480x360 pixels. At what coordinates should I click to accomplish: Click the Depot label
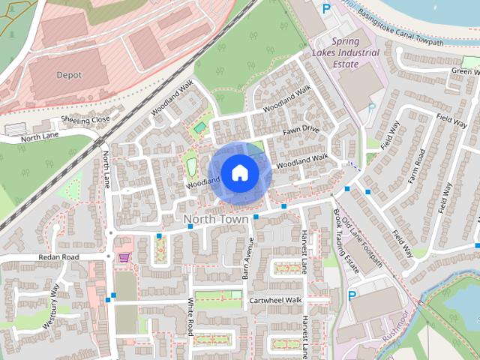pos(69,75)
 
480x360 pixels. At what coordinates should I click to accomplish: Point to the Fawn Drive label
pos(301,130)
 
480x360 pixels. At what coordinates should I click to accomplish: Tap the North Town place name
pos(217,219)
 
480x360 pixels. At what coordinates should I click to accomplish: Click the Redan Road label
pos(58,257)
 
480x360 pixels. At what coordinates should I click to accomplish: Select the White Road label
pos(191,319)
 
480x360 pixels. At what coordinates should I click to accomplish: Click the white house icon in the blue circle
pos(238,173)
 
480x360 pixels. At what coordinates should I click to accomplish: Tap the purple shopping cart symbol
pos(124,257)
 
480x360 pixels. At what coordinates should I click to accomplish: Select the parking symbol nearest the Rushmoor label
pos(352,295)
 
